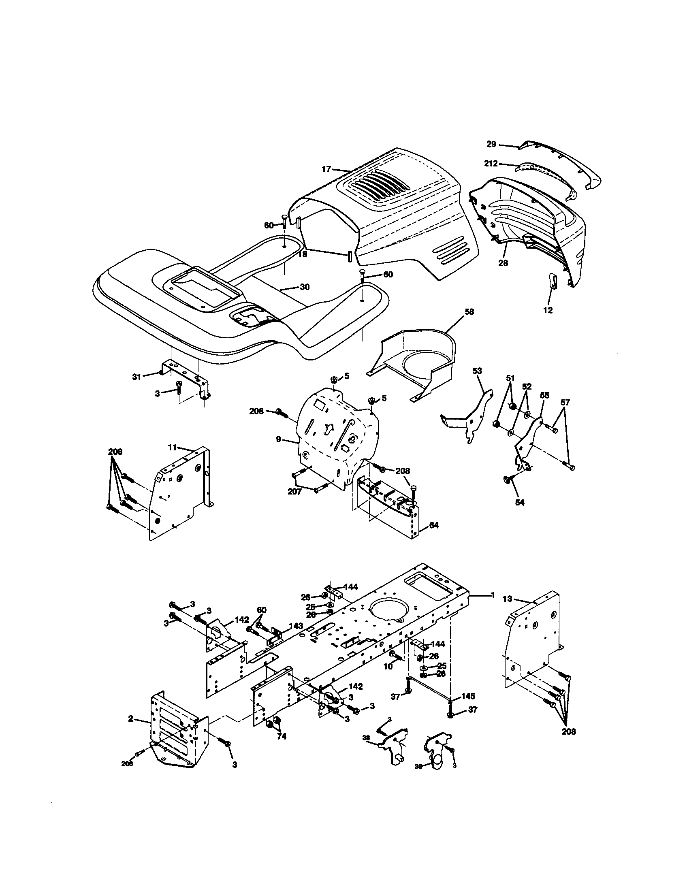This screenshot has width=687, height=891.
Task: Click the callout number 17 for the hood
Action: click(x=326, y=169)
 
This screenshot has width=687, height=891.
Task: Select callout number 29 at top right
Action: click(x=491, y=144)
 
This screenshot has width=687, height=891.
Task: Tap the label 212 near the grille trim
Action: click(x=491, y=163)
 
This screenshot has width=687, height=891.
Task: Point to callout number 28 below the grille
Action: click(x=503, y=263)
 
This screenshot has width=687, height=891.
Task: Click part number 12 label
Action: click(x=548, y=310)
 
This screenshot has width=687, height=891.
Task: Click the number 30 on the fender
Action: click(x=305, y=287)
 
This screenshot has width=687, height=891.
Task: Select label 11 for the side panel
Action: click(x=172, y=447)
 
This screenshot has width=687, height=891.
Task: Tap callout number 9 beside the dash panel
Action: click(x=279, y=439)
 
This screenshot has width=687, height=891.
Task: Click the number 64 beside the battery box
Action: click(x=434, y=525)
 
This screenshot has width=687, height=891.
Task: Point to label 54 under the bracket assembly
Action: click(x=519, y=503)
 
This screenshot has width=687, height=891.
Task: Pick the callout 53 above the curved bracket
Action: click(x=477, y=371)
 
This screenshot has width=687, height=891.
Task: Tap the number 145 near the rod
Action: click(x=468, y=696)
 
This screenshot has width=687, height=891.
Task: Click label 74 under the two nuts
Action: click(x=282, y=736)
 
